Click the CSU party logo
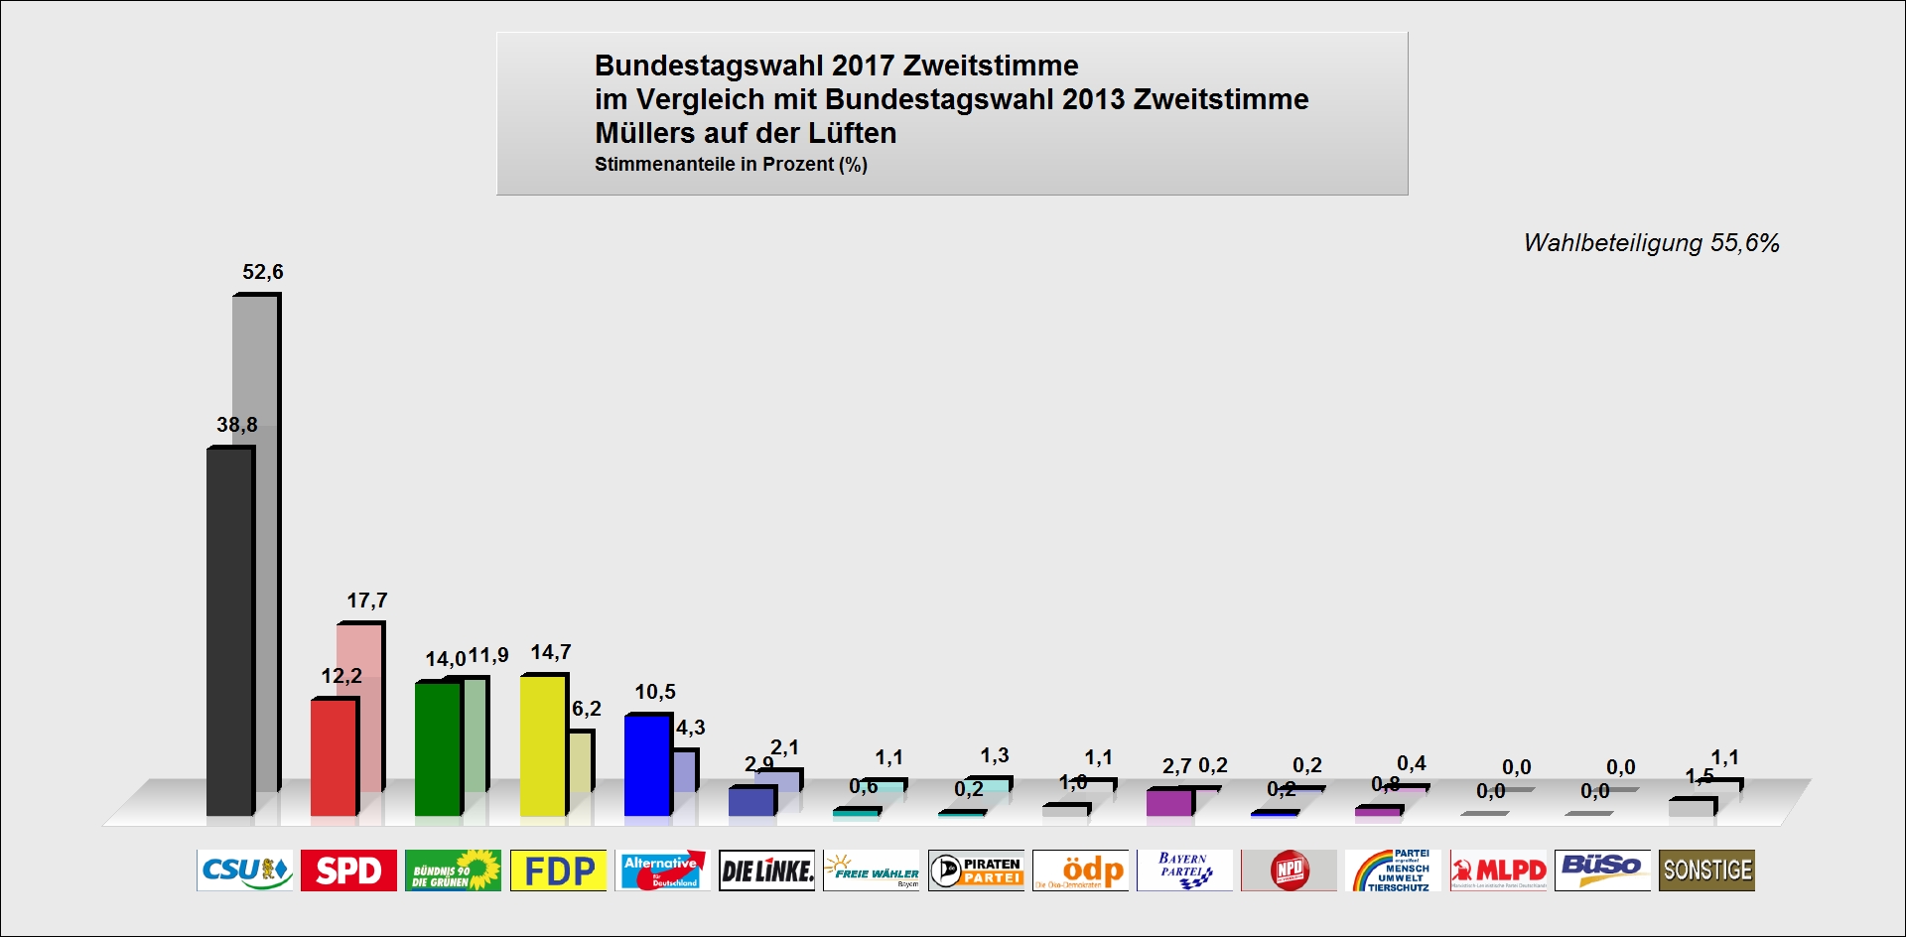pyautogui.click(x=245, y=870)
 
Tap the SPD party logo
pyautogui.click(x=348, y=870)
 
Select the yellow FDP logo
pyautogui.click(x=558, y=870)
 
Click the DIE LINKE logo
pyautogui.click(x=766, y=870)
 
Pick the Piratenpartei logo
pyautogui.click(x=976, y=870)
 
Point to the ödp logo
pyautogui.click(x=1080, y=870)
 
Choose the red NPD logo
pyautogui.click(x=1289, y=870)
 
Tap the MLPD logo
pyautogui.click(x=1498, y=870)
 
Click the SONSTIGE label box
pyautogui.click(x=1706, y=870)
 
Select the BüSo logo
pyautogui.click(x=1602, y=870)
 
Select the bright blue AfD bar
pyautogui.click(x=646, y=765)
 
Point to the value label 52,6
pyautogui.click(x=263, y=272)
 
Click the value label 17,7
pyautogui.click(x=367, y=601)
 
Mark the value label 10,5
pyautogui.click(x=655, y=692)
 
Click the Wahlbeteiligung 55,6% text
pyautogui.click(x=1651, y=243)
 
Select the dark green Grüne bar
pyautogui.click(x=437, y=749)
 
